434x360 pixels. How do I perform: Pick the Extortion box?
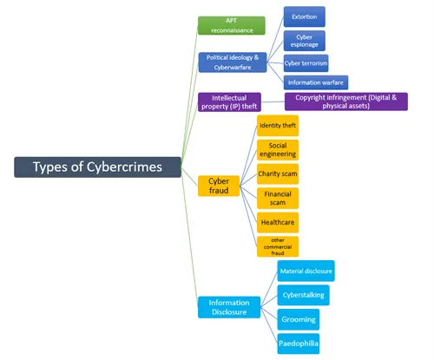[x=304, y=16]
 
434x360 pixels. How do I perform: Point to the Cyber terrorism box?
[x=306, y=62]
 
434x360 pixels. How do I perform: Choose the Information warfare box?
[x=316, y=82]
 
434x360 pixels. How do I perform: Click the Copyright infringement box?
[x=345, y=101]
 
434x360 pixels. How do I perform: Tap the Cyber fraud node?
[x=219, y=186]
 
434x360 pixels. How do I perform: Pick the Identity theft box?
[x=278, y=126]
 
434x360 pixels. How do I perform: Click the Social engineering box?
[x=278, y=149]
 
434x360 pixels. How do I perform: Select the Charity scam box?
[x=278, y=173]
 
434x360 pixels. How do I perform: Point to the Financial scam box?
[x=278, y=198]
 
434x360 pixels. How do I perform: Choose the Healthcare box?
[x=278, y=221]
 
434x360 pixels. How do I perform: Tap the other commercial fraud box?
[x=278, y=245]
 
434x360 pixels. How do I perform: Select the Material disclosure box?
[x=306, y=272]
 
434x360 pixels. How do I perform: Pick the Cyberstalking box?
[x=304, y=296]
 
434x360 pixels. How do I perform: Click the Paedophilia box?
[x=299, y=344]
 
